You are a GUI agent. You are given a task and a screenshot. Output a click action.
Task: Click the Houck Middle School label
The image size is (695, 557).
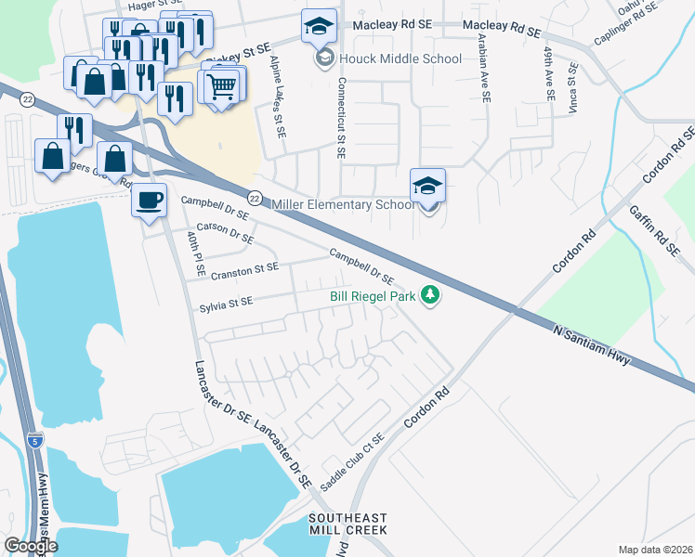point(400,59)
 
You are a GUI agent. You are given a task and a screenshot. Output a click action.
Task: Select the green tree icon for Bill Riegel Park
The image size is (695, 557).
point(429,296)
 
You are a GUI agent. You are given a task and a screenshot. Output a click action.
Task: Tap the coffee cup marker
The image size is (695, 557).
point(149,200)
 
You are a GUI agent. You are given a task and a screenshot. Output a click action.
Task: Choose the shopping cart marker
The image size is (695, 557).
point(221,87)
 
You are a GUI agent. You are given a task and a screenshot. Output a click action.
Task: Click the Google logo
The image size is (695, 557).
point(30,546)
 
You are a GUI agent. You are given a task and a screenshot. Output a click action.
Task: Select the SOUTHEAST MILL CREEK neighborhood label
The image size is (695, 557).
point(347,524)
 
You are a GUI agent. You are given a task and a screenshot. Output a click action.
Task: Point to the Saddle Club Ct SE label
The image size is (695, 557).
point(351,463)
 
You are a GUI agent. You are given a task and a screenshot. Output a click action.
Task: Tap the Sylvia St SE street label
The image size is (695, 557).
point(226,303)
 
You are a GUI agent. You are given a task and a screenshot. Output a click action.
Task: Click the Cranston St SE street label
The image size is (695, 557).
point(244,268)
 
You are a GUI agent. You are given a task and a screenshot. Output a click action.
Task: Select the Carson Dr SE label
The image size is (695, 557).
point(224,232)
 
